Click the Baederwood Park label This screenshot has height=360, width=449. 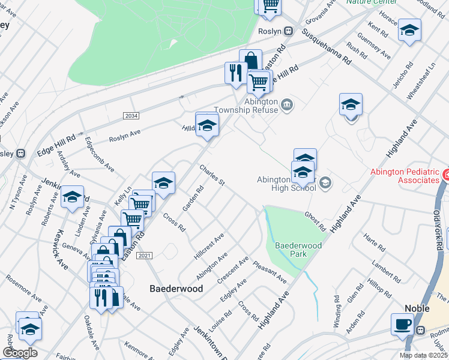click(298, 250)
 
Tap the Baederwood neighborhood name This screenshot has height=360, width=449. click(175, 289)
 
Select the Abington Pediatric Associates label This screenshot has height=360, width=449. click(405, 175)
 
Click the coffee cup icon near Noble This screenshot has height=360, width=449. click(402, 324)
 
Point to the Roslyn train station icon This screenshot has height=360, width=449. click(288, 31)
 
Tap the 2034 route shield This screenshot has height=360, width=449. click(130, 115)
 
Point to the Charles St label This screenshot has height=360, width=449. click(212, 175)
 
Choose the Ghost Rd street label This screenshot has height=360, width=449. click(314, 221)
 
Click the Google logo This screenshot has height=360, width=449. click(20, 352)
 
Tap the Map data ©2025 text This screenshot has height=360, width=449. click(424, 355)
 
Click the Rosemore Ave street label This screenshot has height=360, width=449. click(24, 289)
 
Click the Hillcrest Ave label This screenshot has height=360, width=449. click(209, 246)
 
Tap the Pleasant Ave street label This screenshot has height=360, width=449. click(270, 272)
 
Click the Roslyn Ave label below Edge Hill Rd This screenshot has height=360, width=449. click(124, 136)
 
